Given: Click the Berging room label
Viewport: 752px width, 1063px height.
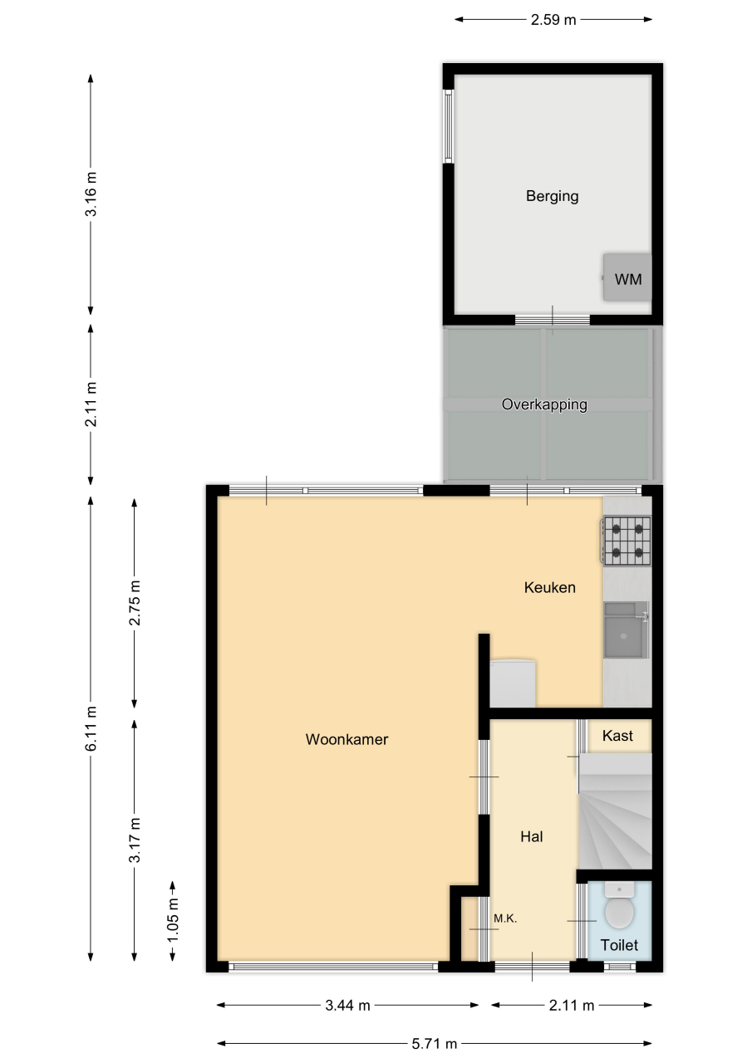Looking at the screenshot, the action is pos(552,197).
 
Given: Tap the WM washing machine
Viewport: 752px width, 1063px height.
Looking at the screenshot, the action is pos(627,277).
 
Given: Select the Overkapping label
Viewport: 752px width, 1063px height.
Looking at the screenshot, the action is pos(544,404).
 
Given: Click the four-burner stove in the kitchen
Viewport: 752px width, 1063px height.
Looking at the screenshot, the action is pos(627,541).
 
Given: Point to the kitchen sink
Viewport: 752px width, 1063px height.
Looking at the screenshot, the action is pos(627,629).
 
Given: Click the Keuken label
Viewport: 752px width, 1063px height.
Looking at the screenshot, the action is pos(550,587).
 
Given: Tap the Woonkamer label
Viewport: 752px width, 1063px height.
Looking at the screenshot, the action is pos(347,739).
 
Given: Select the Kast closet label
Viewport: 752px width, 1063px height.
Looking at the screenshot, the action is pos(617,736).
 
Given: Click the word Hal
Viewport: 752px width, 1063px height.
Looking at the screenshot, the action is pos(531,836).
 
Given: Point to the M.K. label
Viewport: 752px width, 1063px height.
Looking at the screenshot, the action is pos(505,918).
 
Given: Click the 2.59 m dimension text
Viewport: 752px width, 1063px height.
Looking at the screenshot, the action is pos(553,19).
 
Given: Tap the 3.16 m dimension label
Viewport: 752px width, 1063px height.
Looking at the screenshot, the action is pos(91,194).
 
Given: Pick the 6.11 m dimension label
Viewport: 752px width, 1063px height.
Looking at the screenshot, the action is pos(91,728).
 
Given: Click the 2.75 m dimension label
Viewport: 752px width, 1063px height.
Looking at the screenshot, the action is pos(135,603).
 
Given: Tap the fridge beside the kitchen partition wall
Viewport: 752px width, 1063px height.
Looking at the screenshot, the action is pos(513,683).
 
